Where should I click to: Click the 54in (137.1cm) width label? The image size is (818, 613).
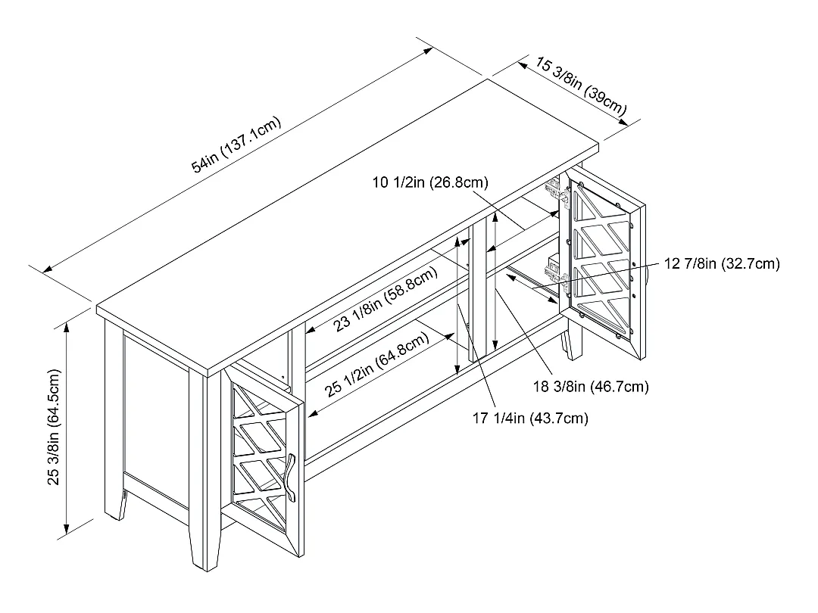tap(236, 145)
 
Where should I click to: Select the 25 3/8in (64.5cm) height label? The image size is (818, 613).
tap(55, 427)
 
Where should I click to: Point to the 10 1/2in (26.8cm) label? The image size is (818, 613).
tap(430, 182)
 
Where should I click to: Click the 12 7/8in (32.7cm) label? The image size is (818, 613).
tap(722, 263)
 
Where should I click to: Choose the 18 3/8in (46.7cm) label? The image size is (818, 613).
tap(591, 387)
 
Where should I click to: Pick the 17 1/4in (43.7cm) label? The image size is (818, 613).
tap(530, 418)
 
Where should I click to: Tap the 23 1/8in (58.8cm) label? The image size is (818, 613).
tap(386, 299)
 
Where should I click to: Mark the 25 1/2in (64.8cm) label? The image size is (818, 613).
tap(377, 364)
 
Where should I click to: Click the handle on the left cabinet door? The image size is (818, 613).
tap(290, 477)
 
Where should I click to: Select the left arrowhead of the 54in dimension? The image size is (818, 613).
tap(48, 269)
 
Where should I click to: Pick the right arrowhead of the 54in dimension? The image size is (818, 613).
tap(427, 51)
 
